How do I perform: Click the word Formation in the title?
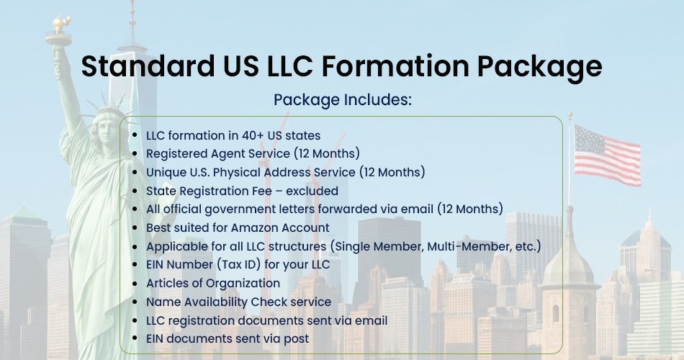pos(395,66)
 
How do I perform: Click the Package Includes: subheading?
pos(343,100)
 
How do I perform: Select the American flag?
pos(607,155)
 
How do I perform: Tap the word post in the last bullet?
pos(297,339)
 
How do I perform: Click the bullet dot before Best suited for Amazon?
pos(135,228)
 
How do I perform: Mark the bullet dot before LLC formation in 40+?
pos(135,135)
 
